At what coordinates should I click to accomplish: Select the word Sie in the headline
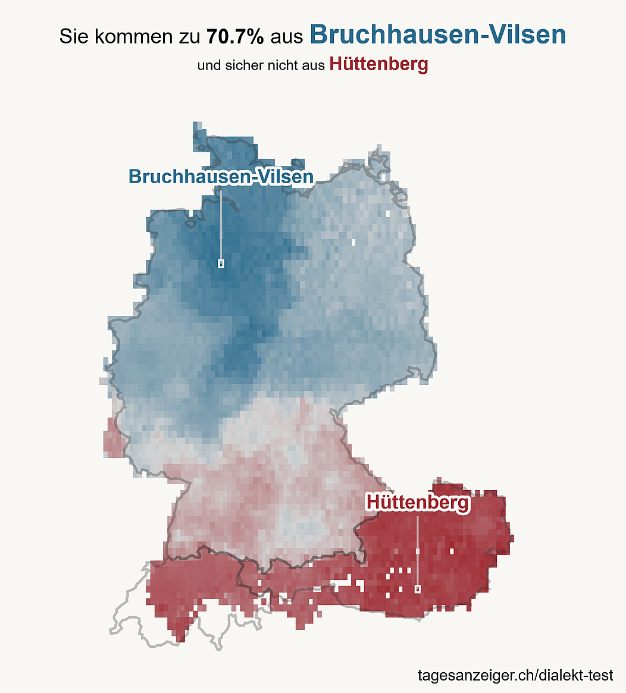(x=73, y=36)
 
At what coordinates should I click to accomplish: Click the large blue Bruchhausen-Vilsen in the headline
(x=438, y=35)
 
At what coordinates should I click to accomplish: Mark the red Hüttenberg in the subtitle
(x=379, y=64)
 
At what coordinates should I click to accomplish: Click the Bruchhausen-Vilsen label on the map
(x=221, y=176)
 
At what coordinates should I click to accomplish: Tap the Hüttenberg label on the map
(x=418, y=503)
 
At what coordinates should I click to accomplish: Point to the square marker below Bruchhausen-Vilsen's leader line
(x=221, y=264)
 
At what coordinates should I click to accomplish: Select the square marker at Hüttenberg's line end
(x=417, y=589)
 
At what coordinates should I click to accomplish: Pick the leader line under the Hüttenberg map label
(x=418, y=551)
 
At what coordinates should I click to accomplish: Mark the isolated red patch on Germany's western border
(x=113, y=438)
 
